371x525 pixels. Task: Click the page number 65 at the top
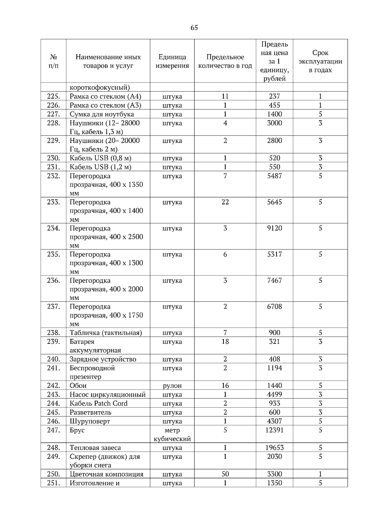click(194, 28)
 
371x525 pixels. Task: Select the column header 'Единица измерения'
click(172, 61)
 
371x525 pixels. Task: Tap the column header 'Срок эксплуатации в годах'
click(320, 61)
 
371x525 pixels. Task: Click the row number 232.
click(53, 176)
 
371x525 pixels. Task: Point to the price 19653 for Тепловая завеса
click(274, 448)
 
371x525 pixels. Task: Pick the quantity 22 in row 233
click(225, 202)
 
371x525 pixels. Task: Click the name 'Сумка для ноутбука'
click(102, 114)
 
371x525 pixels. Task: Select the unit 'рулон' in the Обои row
click(172, 386)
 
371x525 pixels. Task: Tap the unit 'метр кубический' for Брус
click(172, 434)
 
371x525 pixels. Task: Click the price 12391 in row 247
click(274, 430)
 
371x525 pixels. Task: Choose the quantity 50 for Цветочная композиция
click(225, 474)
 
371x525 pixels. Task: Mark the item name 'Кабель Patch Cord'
click(98, 403)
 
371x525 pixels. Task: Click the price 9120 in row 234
click(274, 228)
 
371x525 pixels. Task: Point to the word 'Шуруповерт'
click(90, 421)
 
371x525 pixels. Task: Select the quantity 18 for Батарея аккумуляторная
click(225, 342)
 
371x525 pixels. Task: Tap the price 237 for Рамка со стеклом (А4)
click(274, 96)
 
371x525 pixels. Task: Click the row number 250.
click(53, 474)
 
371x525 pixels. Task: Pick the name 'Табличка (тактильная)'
click(106, 333)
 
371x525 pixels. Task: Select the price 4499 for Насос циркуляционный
click(274, 395)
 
